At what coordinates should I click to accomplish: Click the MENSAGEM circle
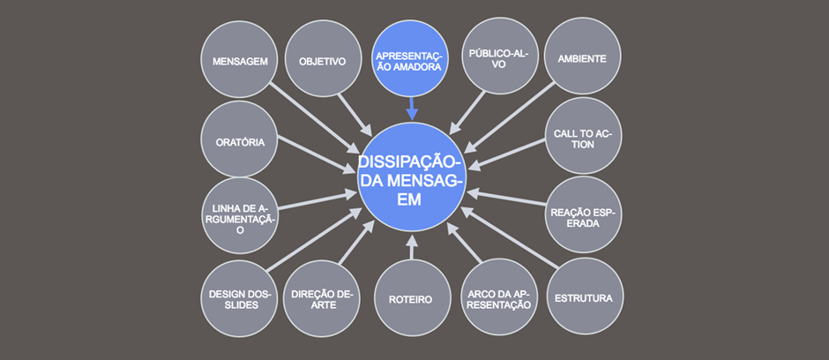(x=240, y=59)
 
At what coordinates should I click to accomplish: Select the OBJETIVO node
(x=323, y=59)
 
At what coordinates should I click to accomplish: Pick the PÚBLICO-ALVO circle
(x=500, y=56)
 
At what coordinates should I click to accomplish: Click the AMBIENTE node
(x=583, y=56)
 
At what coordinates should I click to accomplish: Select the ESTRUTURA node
(x=585, y=296)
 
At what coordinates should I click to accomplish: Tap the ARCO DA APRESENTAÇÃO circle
(x=500, y=296)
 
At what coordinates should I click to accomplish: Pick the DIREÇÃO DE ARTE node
(x=322, y=299)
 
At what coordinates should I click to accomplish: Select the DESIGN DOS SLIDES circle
(x=241, y=298)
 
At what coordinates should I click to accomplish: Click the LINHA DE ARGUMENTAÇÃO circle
(x=241, y=215)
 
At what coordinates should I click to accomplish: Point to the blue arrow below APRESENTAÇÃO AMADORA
(x=412, y=109)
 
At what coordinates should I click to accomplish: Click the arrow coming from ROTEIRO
(x=412, y=247)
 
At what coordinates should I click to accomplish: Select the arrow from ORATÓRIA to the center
(x=317, y=155)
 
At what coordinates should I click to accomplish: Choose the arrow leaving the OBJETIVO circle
(x=355, y=115)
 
